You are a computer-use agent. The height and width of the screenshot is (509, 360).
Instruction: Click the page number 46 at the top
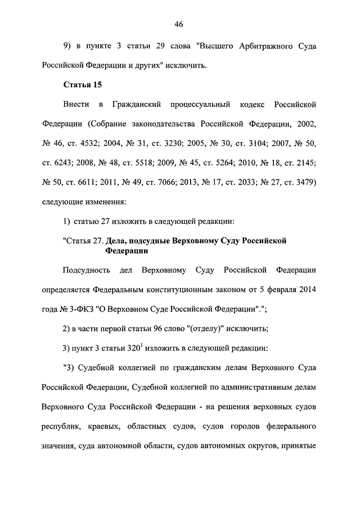[179, 24]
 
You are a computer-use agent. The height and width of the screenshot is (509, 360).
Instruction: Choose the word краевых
[102, 426]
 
